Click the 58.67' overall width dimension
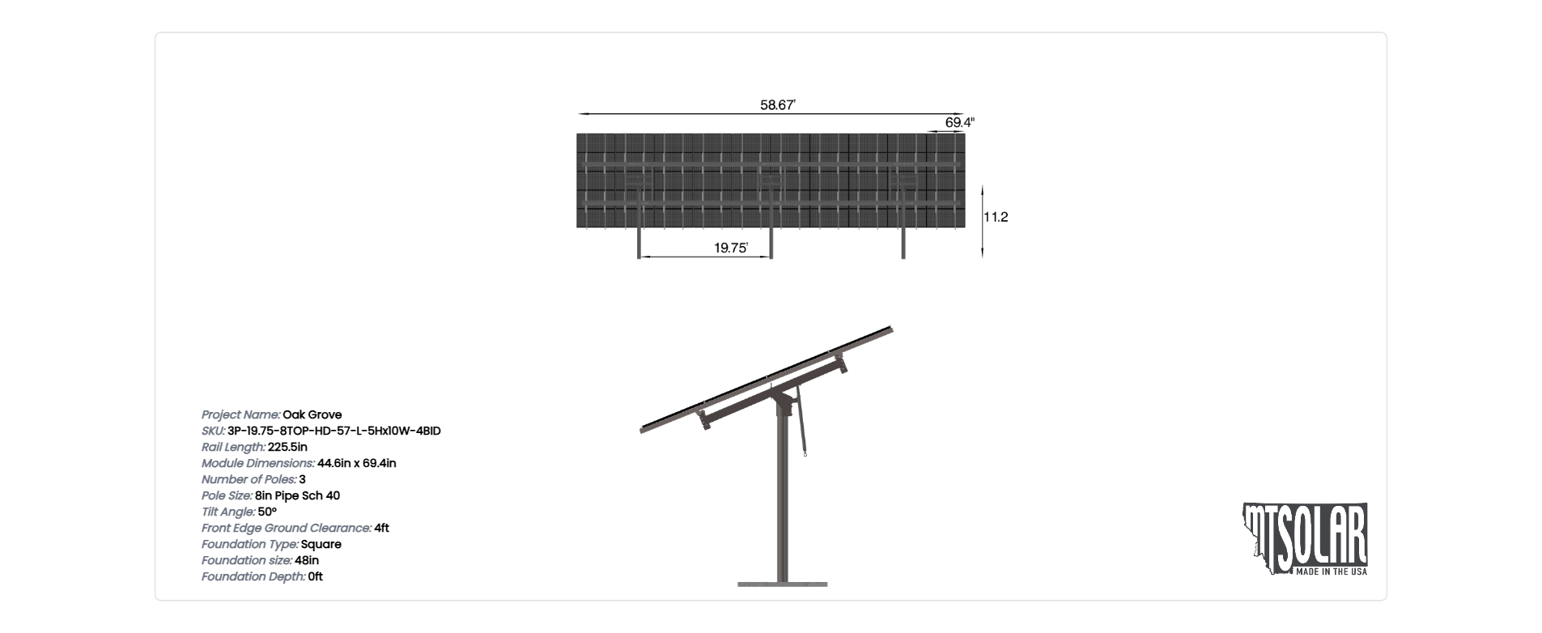[778, 104]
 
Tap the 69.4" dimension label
[960, 122]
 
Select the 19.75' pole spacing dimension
[731, 248]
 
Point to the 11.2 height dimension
[996, 217]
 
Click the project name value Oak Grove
[312, 414]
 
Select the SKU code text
[334, 431]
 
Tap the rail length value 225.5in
[287, 447]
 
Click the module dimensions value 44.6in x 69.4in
[357, 463]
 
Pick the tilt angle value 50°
[267, 512]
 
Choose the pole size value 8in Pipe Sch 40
[297, 495]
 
